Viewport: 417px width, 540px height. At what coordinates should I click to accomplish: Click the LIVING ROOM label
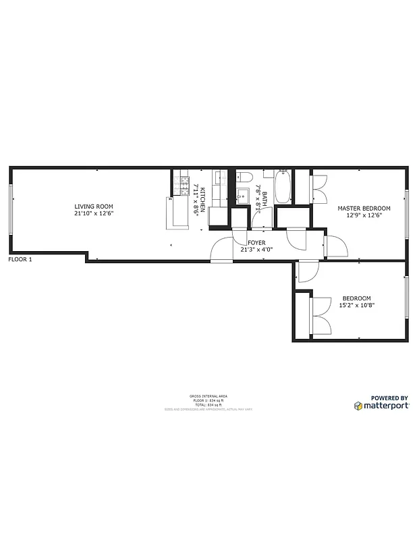pyautogui.click(x=94, y=207)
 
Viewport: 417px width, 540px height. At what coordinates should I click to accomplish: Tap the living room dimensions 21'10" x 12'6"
pyautogui.click(x=94, y=214)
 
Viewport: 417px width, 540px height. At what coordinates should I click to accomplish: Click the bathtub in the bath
pyautogui.click(x=283, y=186)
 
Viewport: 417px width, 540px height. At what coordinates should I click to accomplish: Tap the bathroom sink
pyautogui.click(x=242, y=197)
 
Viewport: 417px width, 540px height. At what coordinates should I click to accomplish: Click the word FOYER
pyautogui.click(x=256, y=242)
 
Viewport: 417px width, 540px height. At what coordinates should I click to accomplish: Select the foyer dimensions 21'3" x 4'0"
pyautogui.click(x=256, y=249)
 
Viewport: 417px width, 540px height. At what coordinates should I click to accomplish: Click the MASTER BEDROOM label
pyautogui.click(x=364, y=209)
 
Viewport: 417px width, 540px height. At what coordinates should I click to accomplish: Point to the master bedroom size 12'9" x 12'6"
pyautogui.click(x=364, y=216)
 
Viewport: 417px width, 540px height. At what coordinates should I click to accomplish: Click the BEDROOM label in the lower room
pyautogui.click(x=356, y=298)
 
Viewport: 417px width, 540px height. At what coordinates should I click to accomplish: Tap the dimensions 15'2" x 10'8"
pyautogui.click(x=356, y=306)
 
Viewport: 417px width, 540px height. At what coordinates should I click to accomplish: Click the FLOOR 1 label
pyautogui.click(x=20, y=259)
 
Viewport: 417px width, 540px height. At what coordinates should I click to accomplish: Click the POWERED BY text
pyautogui.click(x=389, y=398)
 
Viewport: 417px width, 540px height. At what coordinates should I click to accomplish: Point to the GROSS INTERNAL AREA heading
pyautogui.click(x=208, y=396)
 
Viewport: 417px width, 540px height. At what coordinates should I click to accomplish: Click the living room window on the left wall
pyautogui.click(x=10, y=210)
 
